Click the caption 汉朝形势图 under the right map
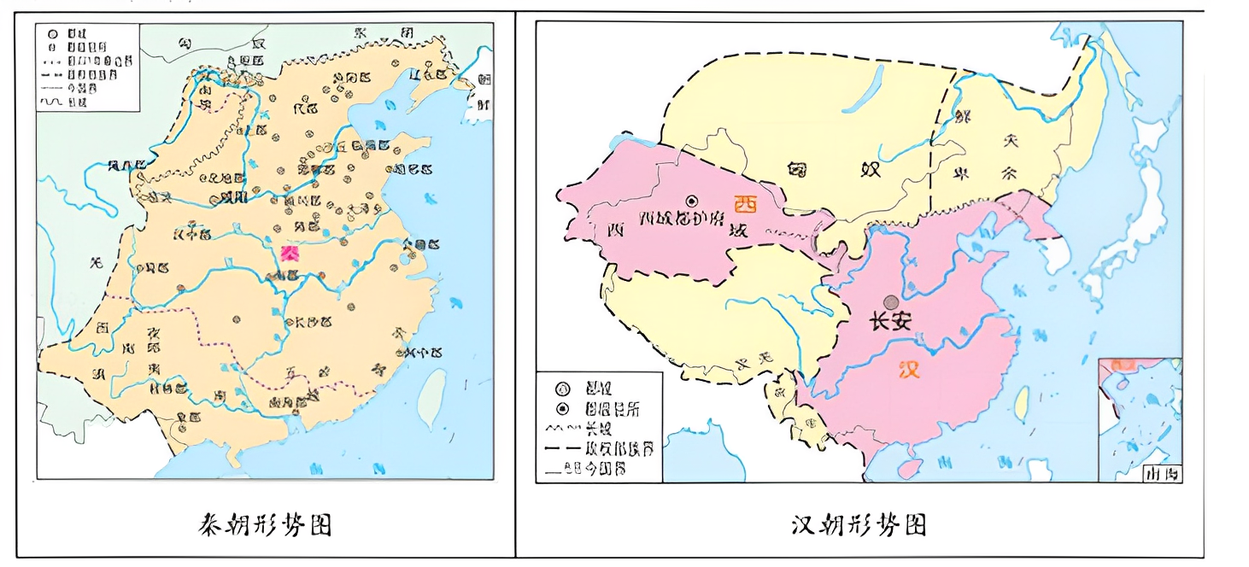pyautogui.click(x=859, y=523)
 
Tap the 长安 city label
pyautogui.click(x=890, y=323)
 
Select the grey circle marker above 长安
pyautogui.click(x=891, y=301)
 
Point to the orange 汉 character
pyautogui.click(x=910, y=370)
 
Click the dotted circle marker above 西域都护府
pyautogui.click(x=691, y=200)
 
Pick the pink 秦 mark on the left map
pyautogui.click(x=290, y=253)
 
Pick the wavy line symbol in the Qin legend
pyautogui.click(x=53, y=102)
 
